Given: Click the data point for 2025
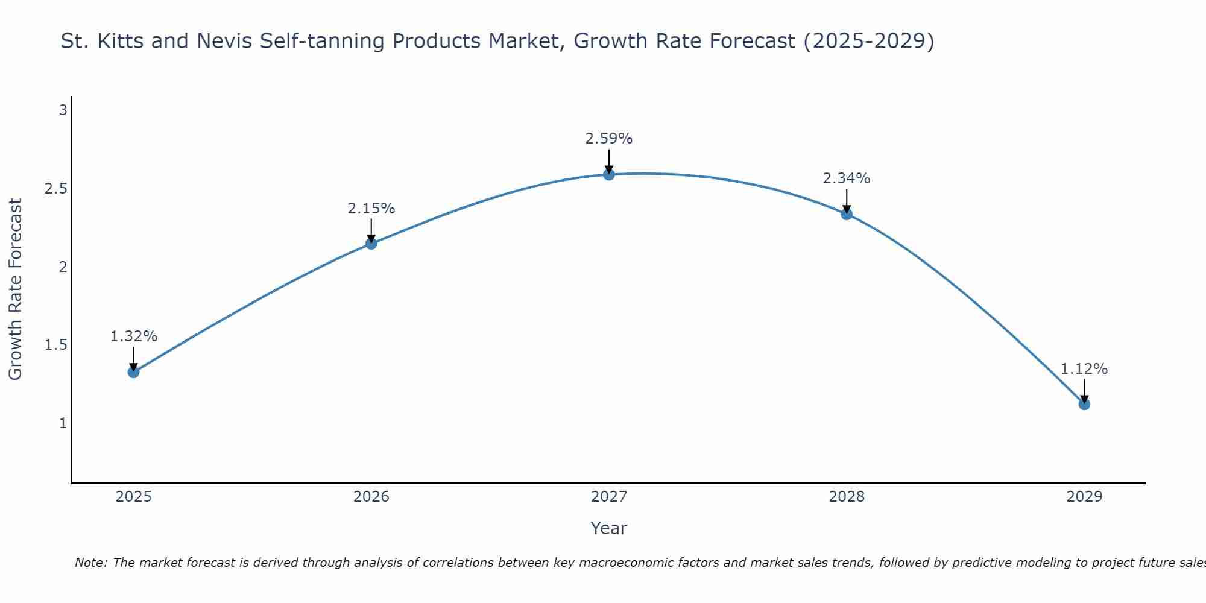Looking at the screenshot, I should tap(133, 372).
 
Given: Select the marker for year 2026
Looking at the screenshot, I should tap(371, 244).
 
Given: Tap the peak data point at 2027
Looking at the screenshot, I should tap(609, 174).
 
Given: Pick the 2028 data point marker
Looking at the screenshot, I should tap(847, 213).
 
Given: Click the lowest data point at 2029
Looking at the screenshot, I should tap(1084, 404).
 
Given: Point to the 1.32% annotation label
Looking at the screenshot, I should tap(133, 336).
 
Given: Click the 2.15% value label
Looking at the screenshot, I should tap(371, 209).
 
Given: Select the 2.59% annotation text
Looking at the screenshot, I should tap(609, 139).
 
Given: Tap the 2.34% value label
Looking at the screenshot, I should tap(847, 178).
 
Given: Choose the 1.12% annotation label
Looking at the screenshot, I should tap(1084, 369).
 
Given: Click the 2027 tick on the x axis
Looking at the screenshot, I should tap(609, 497).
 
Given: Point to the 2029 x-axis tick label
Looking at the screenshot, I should tap(1084, 497).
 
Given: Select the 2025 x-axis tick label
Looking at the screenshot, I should tap(133, 497).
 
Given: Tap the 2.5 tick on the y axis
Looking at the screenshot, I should tap(55, 189).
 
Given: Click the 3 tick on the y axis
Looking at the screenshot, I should tap(63, 110).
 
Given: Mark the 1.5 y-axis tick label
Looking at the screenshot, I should tap(55, 345).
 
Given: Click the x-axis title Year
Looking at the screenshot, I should tap(609, 528).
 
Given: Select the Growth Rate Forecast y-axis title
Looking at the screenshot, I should tap(16, 289).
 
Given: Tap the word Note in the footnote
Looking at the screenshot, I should tap(90, 563).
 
